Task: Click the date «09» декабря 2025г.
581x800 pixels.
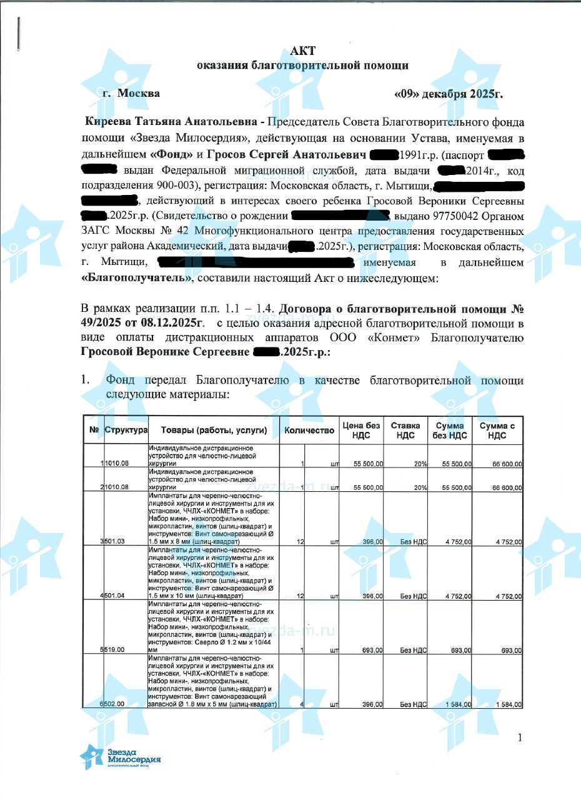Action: (x=449, y=94)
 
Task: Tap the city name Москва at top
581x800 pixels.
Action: (x=139, y=94)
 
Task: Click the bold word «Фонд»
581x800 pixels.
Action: (x=172, y=154)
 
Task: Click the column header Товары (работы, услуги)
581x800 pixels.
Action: (x=214, y=430)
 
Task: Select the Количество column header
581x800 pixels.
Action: (x=309, y=430)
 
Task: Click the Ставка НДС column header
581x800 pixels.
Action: (x=405, y=430)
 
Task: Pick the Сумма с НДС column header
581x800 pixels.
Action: (x=497, y=430)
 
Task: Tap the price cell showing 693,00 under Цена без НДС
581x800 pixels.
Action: (x=372, y=650)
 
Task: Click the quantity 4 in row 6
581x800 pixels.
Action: (x=301, y=704)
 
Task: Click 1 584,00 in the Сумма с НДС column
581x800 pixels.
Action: (x=509, y=704)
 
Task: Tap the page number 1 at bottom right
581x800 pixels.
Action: (x=519, y=738)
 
